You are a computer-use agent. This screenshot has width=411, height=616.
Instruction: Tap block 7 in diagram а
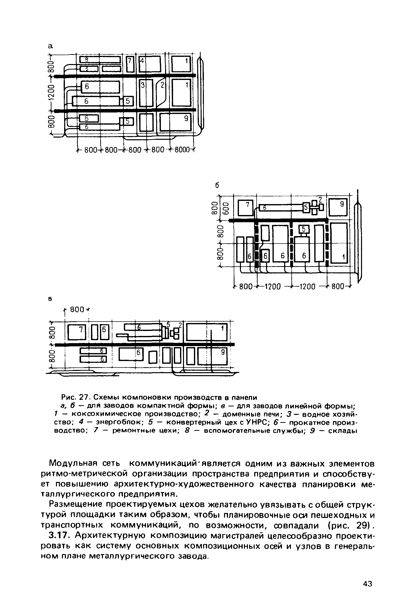coord(130,64)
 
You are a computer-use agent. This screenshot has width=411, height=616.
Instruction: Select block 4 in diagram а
coord(150,64)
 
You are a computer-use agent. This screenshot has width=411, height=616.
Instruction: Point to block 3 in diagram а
coord(146,93)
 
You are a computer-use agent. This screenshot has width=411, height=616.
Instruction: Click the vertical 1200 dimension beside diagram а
coord(52,93)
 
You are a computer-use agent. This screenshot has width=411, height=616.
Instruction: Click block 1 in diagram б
coord(339,243)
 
